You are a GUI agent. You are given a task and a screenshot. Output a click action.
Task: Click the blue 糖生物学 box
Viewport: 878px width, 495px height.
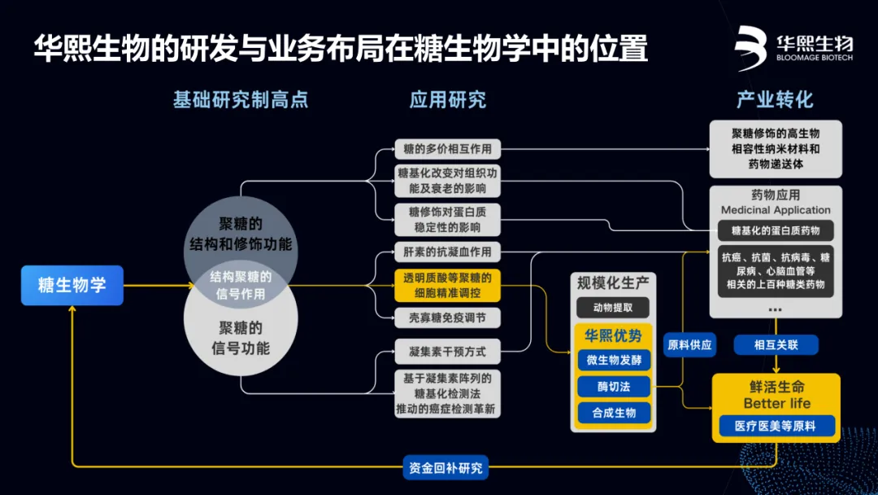pos(72,286)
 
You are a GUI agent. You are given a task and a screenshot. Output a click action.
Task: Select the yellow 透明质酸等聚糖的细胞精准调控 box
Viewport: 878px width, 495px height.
pos(447,286)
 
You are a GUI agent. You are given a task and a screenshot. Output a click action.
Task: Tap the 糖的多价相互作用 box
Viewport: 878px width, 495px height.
pos(447,149)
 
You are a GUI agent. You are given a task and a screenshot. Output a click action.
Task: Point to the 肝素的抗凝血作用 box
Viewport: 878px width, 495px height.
pos(447,251)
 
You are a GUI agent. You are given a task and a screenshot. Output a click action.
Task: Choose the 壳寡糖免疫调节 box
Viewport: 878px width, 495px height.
pos(447,318)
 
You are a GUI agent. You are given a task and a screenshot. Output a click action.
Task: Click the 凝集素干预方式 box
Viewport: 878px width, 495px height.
pos(447,352)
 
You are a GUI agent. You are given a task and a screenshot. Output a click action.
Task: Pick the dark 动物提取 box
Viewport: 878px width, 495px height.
pos(614,308)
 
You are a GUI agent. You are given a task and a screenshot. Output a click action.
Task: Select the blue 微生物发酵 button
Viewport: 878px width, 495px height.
pos(614,359)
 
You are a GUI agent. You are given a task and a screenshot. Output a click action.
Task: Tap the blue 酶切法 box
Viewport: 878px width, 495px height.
pos(614,386)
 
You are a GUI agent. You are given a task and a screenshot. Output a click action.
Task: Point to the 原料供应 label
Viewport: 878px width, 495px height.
pos(689,345)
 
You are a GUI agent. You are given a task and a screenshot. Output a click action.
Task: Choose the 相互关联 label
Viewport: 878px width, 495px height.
pos(776,345)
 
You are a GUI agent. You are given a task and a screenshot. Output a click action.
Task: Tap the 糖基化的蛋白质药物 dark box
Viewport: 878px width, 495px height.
pos(776,230)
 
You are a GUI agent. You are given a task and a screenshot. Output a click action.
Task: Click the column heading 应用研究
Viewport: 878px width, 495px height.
pos(447,100)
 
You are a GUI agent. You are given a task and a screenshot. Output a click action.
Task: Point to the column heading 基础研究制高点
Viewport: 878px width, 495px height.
pos(241,100)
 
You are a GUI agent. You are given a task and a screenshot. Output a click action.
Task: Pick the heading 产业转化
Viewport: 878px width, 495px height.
pos(774,100)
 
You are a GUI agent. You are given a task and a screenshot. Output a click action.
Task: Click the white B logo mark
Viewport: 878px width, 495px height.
pos(751,47)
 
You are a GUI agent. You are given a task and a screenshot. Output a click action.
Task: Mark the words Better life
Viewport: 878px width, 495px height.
pos(776,403)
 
